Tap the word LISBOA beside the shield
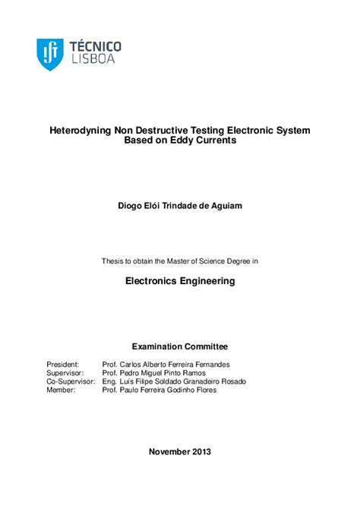92,59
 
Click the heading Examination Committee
180,346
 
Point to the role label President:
63,365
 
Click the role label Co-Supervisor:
71,381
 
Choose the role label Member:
61,390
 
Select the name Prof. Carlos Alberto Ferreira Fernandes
166,365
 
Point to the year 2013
202,451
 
